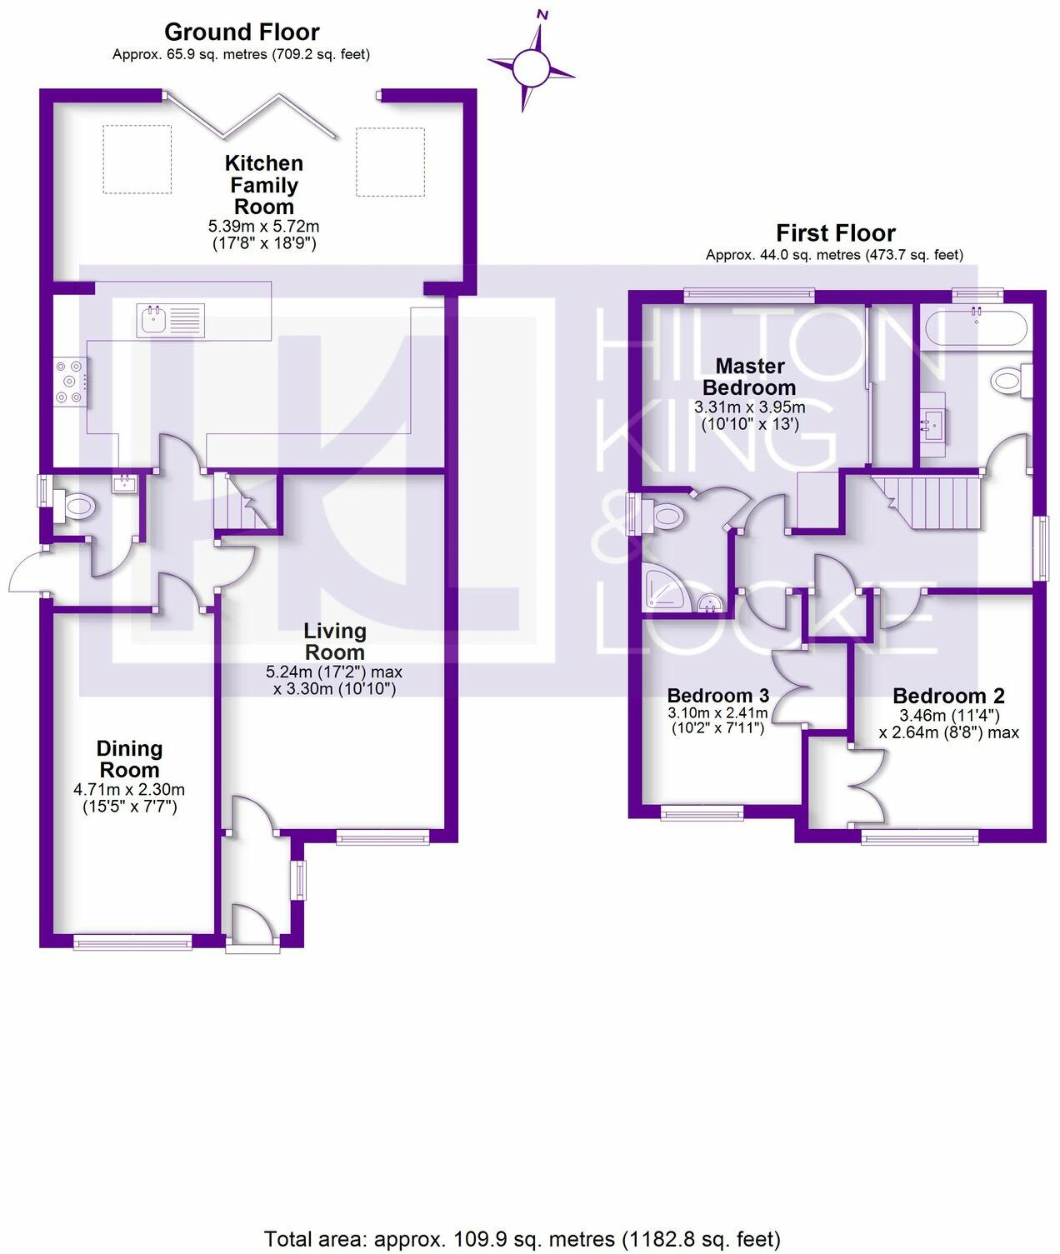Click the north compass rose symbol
pos(531,66)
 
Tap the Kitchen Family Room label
pos(263,185)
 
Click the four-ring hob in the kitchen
pos(71,382)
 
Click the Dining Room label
pos(129,759)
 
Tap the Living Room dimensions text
pos(334,680)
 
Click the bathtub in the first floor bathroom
pos(976,327)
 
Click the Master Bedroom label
pos(749,377)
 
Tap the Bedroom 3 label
pos(717,696)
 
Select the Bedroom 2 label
pos(948,696)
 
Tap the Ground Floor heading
pos(242,32)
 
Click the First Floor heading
pos(835,232)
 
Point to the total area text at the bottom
pos(522,1238)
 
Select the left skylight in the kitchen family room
pos(137,160)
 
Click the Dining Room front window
pos(132,942)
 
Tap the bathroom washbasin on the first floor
pos(932,426)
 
